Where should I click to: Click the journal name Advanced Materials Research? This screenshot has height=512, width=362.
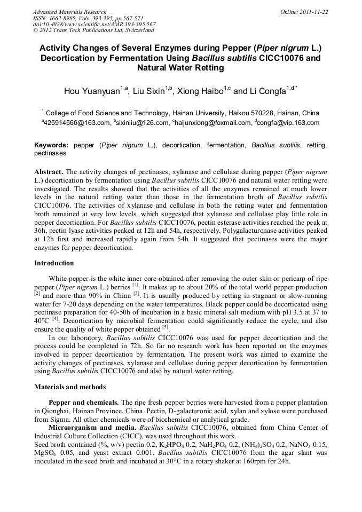pyautogui.click(x=69, y=12)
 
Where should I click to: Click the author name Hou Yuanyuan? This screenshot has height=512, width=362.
pyautogui.click(x=92, y=91)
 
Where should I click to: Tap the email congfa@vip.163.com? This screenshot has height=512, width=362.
pyautogui.click(x=289, y=123)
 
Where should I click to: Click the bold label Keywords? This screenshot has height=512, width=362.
pyautogui.click(x=51, y=145)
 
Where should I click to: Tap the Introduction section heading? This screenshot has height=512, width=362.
pyautogui.click(x=54, y=263)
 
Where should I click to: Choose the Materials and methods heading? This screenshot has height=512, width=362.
pyautogui.click(x=70, y=387)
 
